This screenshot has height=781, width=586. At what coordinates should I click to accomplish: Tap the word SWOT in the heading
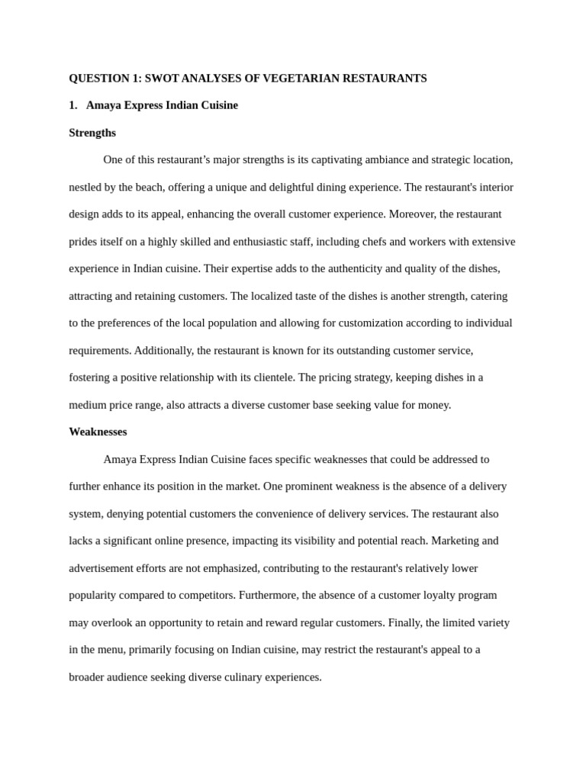[x=162, y=79]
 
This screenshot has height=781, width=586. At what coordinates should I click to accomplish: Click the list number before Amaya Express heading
[x=73, y=105]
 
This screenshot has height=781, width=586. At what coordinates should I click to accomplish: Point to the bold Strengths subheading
[x=92, y=133]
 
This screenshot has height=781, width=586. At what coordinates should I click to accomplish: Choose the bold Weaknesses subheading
[x=98, y=432]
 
